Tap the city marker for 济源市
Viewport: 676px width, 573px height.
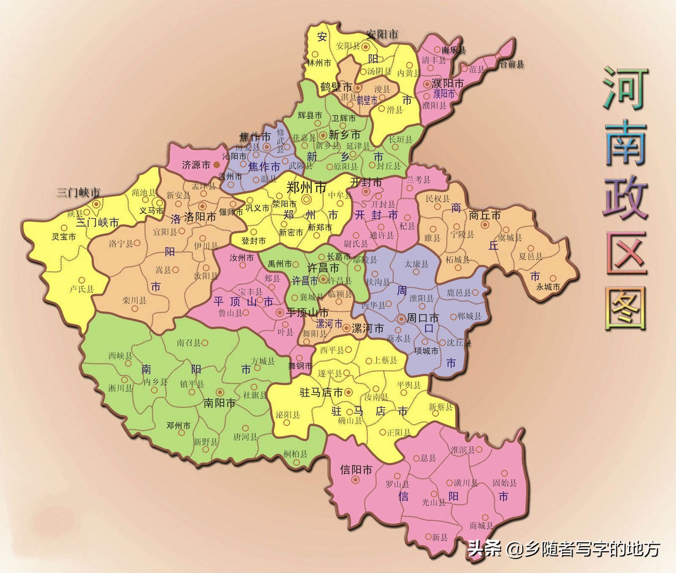(217, 164)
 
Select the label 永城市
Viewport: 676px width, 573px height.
(548, 287)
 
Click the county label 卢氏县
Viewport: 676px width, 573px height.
(82, 289)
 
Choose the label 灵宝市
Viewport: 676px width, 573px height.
(64, 236)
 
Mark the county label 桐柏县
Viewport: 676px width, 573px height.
(295, 454)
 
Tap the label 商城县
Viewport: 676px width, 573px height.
(481, 526)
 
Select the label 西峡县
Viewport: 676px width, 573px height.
(120, 356)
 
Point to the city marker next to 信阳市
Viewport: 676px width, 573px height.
(356, 480)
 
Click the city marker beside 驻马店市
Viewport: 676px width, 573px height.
(349, 392)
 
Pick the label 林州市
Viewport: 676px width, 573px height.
(319, 63)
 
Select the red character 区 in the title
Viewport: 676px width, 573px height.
(626, 252)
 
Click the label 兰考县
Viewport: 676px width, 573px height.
(418, 180)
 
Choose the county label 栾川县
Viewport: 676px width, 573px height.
(134, 300)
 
